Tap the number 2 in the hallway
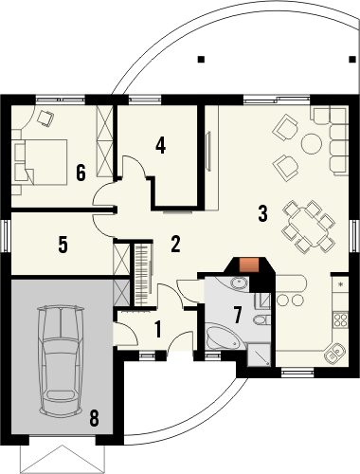pyautogui.click(x=175, y=244)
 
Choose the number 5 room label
pyautogui.click(x=63, y=244)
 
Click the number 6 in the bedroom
pyautogui.click(x=81, y=173)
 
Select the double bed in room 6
pyautogui.click(x=42, y=159)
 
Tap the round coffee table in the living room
pyautogui.click(x=311, y=144)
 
